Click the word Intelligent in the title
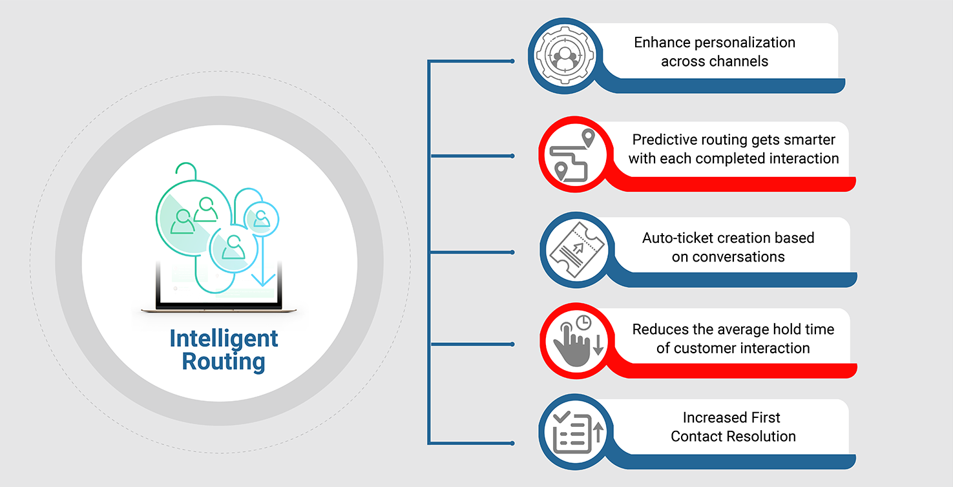pyautogui.click(x=224, y=338)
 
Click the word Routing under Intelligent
pyautogui.click(x=224, y=361)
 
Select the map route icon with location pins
pyautogui.click(x=571, y=156)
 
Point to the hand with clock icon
pyautogui.click(x=574, y=343)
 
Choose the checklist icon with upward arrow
pyautogui.click(x=574, y=433)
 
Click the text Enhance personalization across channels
pyautogui.click(x=714, y=52)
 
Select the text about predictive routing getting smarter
pyautogui.click(x=733, y=149)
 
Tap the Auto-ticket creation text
pyautogui.click(x=728, y=247)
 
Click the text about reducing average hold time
pyautogui.click(x=733, y=338)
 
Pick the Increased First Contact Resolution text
pyautogui.click(x=733, y=427)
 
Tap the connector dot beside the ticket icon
pyautogui.click(x=512, y=251)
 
